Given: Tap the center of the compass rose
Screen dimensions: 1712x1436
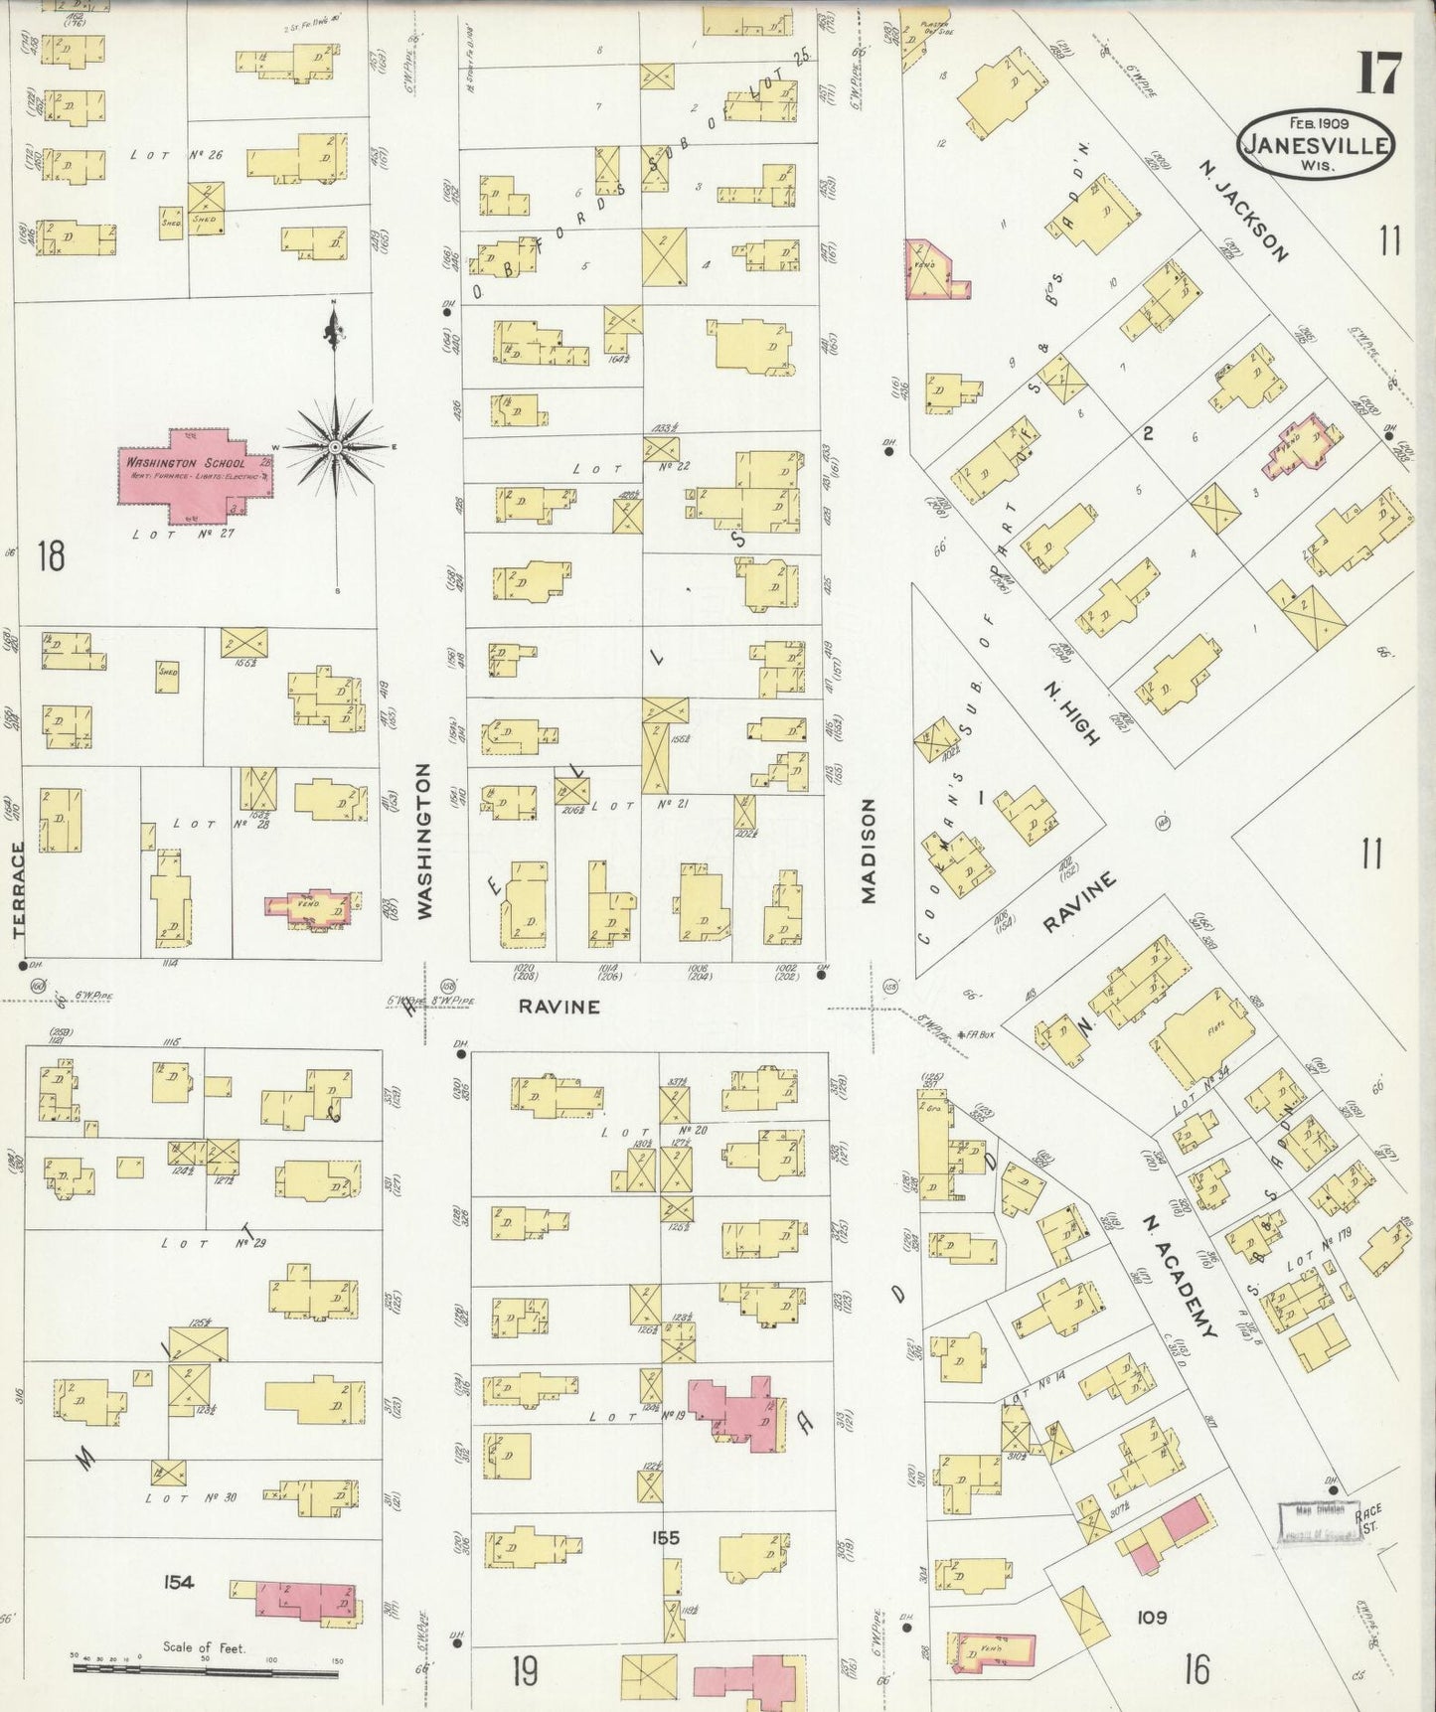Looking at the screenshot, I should pyautogui.click(x=337, y=448).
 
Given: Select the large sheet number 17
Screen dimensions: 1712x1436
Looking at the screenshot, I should pyautogui.click(x=1380, y=74).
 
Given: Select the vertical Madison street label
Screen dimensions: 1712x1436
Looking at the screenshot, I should pyautogui.click(x=869, y=852).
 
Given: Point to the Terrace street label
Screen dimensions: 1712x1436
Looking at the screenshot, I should pyautogui.click(x=18, y=889).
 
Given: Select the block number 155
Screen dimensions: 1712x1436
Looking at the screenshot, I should pyautogui.click(x=665, y=1538).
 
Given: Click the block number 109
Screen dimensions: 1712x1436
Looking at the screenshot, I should pyautogui.click(x=1153, y=1617).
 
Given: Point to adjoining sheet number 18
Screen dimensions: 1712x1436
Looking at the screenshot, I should pyautogui.click(x=51, y=554).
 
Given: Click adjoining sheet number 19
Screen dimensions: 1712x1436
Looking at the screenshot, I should pyautogui.click(x=526, y=1670).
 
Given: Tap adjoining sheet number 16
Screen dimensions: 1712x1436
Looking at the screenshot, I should pyautogui.click(x=1197, y=1668).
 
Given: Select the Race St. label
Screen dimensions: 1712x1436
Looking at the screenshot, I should pyautogui.click(x=1368, y=1516).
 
